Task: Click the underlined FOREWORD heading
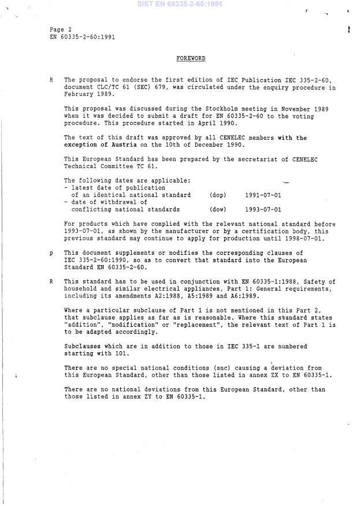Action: click(190, 59)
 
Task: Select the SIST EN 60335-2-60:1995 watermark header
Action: click(179, 4)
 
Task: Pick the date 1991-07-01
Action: click(263, 195)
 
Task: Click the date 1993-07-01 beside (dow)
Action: click(263, 210)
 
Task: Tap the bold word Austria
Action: click(124, 145)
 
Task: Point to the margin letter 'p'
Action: click(52, 253)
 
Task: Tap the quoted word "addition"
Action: click(83, 325)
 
